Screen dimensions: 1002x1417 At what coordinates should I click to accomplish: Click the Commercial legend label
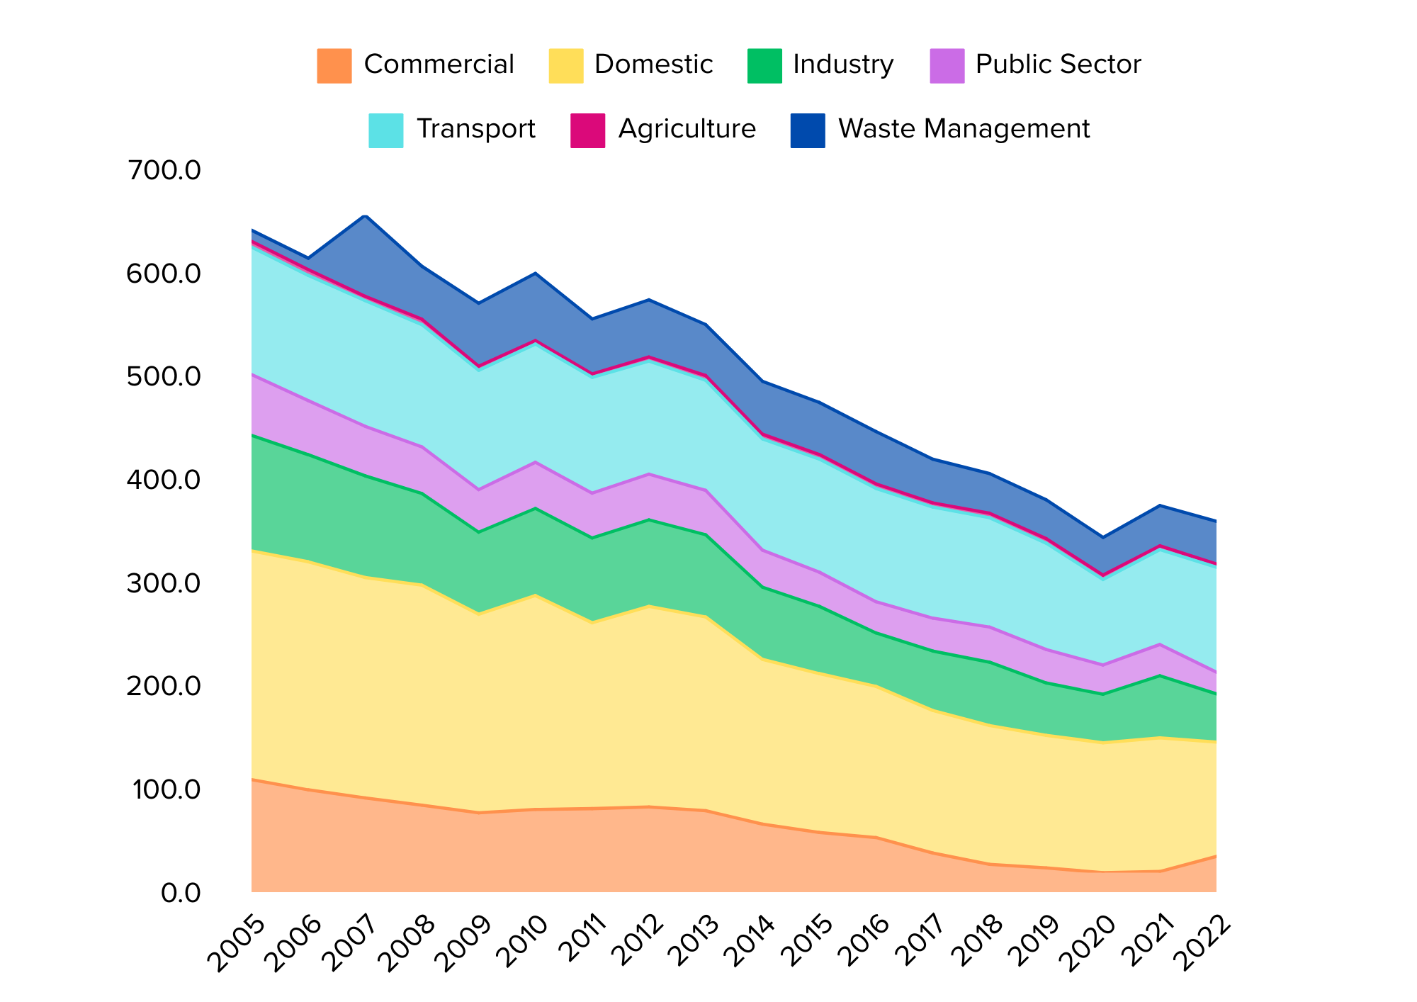tap(439, 65)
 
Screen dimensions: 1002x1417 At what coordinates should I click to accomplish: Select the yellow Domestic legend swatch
tap(566, 66)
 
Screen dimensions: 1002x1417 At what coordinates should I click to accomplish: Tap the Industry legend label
tap(843, 65)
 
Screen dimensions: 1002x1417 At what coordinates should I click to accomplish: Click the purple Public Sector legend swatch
tap(947, 66)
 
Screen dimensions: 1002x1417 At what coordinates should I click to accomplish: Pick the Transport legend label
tap(475, 130)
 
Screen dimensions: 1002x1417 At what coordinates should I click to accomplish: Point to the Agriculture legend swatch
tap(588, 130)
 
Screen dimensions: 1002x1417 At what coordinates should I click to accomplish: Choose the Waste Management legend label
tap(964, 130)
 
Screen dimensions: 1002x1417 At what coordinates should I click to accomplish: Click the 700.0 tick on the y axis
tap(164, 171)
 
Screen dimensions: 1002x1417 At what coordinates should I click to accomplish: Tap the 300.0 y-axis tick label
tap(164, 584)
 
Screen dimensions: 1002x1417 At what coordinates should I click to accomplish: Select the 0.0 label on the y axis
tap(181, 893)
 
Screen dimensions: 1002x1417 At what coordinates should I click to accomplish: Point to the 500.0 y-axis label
tap(164, 377)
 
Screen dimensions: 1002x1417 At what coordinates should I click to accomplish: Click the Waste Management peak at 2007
tap(366, 215)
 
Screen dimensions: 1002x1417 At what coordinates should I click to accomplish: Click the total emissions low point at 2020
tap(1102, 538)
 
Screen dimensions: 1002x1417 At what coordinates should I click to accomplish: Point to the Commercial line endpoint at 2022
tap(1216, 856)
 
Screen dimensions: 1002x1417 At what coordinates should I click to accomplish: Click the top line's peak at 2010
tap(536, 273)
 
